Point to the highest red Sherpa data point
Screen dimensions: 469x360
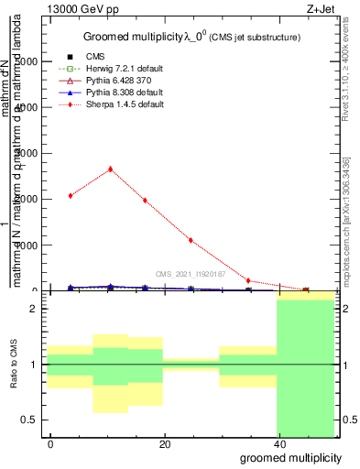tap(111, 169)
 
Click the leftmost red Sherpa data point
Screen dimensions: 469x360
tap(71, 195)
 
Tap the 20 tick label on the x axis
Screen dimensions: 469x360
tap(164, 444)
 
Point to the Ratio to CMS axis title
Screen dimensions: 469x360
tap(13, 365)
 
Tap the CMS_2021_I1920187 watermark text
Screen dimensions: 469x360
tap(191, 274)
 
